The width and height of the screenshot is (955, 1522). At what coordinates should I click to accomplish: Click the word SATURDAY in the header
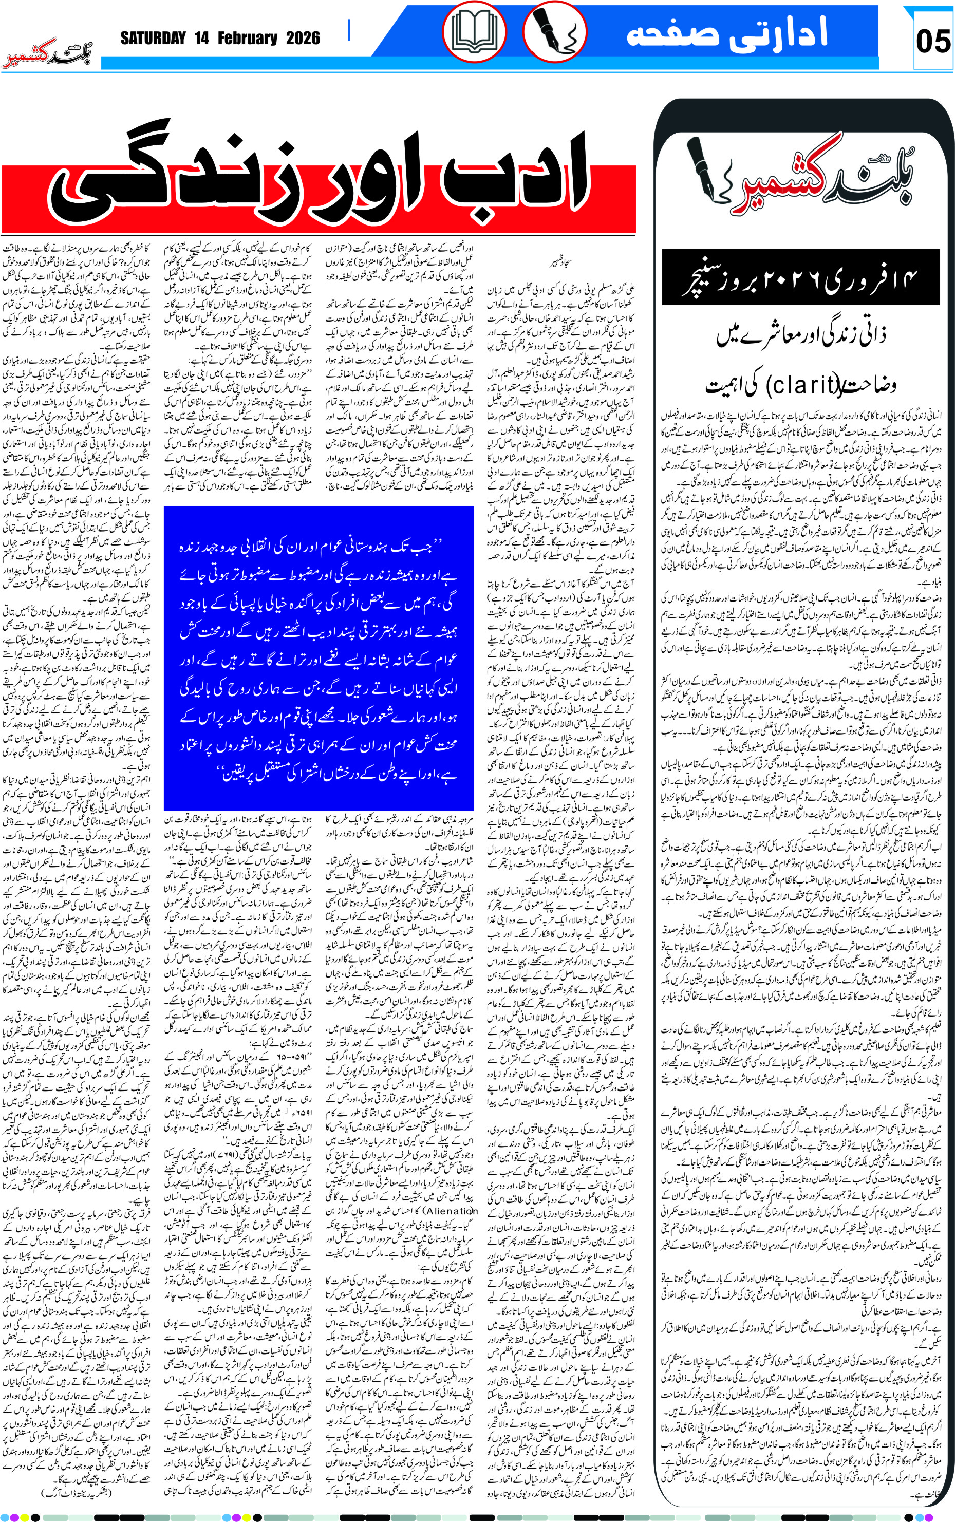pos(153,39)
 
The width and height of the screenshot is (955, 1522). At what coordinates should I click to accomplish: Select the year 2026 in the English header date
pos(303,39)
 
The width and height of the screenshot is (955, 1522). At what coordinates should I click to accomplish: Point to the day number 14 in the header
pos(201,39)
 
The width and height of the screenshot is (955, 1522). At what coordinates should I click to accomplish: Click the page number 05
pos(932,42)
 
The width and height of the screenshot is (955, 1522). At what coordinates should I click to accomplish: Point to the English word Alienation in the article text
pos(451,1211)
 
